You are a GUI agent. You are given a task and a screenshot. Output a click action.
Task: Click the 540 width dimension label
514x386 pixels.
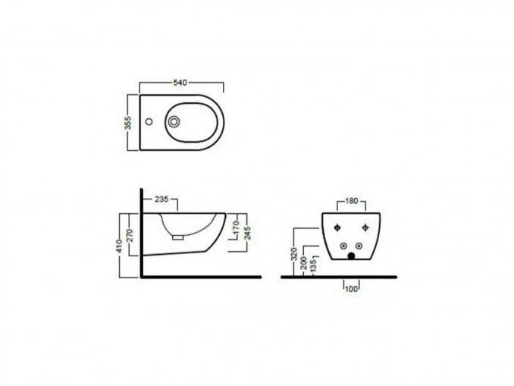pos(180,83)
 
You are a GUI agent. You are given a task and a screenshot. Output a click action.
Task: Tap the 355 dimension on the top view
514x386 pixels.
pos(129,123)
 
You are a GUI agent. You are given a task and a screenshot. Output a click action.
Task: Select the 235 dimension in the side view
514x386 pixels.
pos(161,199)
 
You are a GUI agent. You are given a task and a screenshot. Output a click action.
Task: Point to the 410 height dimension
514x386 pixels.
pos(119,246)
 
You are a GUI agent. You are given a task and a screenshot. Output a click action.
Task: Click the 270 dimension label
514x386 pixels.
pos(130,235)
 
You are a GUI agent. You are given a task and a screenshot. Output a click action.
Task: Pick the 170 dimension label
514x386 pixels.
pos(236,228)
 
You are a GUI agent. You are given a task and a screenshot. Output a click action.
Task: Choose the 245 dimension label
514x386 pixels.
pos(247,233)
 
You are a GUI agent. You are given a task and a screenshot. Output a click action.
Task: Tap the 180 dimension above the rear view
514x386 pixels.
pos(352,201)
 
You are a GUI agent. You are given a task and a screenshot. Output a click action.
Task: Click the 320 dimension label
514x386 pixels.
pos(293,254)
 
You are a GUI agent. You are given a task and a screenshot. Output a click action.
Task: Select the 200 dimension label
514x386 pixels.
pos(304,263)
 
